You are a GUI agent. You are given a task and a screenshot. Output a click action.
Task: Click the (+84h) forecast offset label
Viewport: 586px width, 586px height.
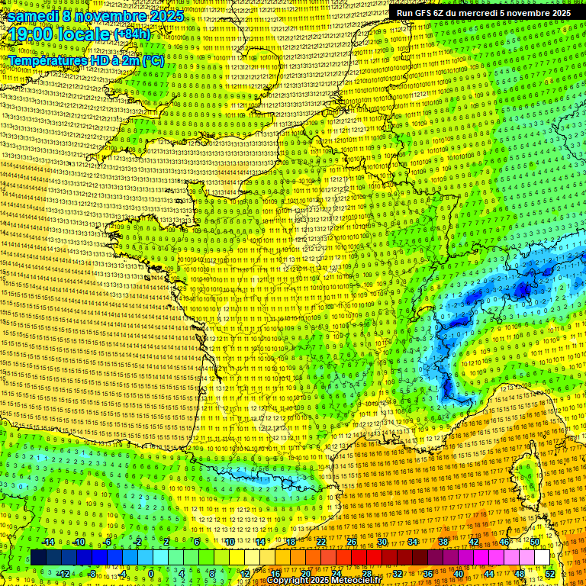click(133, 34)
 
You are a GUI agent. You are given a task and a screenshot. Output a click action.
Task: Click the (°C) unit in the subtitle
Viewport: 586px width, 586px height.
click(152, 60)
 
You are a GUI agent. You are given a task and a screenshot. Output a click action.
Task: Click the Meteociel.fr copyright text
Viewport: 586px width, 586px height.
click(320, 581)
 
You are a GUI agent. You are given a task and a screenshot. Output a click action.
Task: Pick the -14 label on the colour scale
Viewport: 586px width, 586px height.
click(48, 542)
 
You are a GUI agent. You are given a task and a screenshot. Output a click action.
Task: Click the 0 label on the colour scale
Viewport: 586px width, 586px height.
click(151, 574)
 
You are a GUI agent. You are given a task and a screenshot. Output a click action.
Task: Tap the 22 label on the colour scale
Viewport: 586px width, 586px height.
click(320, 542)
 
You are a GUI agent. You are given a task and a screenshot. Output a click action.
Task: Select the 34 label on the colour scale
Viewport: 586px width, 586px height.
click(412, 542)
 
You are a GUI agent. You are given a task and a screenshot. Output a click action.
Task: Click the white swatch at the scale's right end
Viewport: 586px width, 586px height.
click(542, 558)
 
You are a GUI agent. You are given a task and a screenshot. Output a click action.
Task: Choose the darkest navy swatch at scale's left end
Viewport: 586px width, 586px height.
click(38, 558)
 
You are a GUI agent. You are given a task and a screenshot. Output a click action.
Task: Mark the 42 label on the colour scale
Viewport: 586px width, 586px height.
click(473, 542)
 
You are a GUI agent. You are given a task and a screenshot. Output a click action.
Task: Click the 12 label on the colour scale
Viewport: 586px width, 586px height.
click(245, 574)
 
